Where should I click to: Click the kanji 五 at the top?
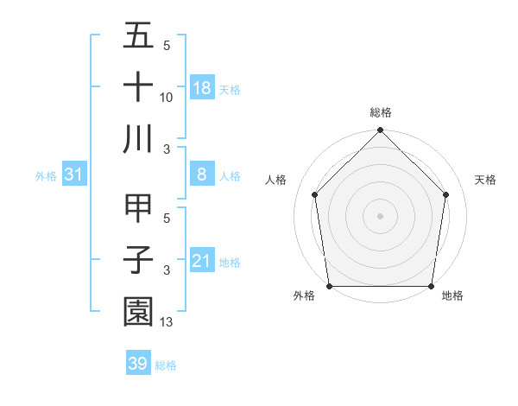pyautogui.click(x=139, y=37)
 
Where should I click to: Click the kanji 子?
pyautogui.click(x=139, y=260)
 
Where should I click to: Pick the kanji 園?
pyautogui.click(x=139, y=311)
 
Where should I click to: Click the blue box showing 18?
pyautogui.click(x=202, y=87)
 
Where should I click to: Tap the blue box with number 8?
pyautogui.click(x=202, y=174)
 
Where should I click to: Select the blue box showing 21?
pyautogui.click(x=202, y=260)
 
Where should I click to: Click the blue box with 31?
pyautogui.click(x=74, y=174)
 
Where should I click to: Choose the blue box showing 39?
pyautogui.click(x=138, y=364)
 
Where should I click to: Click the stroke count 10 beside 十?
pyautogui.click(x=167, y=98)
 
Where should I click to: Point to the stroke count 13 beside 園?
pyautogui.click(x=167, y=322)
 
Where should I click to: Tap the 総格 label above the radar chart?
pyautogui.click(x=380, y=113)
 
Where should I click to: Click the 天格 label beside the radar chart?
pyautogui.click(x=485, y=180)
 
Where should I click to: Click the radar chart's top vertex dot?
pyautogui.click(x=380, y=131)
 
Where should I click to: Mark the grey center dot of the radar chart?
pyautogui.click(x=380, y=215)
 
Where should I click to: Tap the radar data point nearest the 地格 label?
pyautogui.click(x=432, y=286)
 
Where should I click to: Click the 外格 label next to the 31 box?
pyautogui.click(x=46, y=175)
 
